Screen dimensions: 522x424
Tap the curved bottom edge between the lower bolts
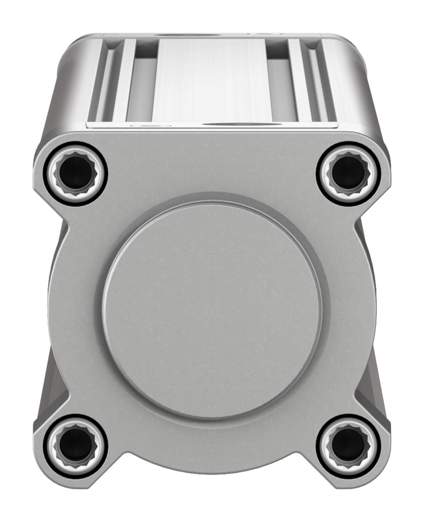[211, 466]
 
